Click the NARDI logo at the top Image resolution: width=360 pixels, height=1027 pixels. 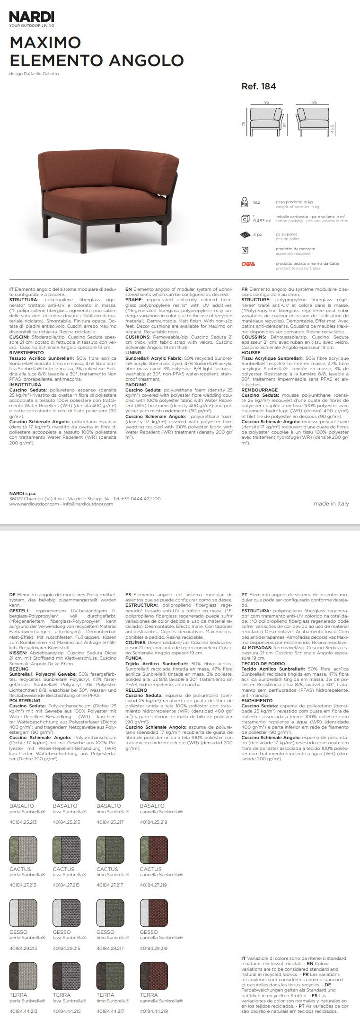point(32,17)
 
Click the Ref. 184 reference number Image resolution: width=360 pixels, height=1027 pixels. point(258,87)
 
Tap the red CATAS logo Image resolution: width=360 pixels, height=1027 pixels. point(248,264)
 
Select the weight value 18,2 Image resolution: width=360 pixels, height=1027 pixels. point(257,202)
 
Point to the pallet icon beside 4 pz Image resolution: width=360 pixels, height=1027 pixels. point(245,234)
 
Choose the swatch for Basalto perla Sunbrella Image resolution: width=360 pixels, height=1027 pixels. point(23,786)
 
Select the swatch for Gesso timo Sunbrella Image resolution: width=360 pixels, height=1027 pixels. point(110,913)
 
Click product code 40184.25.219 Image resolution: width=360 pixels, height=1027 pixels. point(153,822)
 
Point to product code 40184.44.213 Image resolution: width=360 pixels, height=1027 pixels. point(23,1011)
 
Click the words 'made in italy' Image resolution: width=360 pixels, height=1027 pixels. point(331,504)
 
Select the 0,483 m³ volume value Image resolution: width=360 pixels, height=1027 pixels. point(262,220)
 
